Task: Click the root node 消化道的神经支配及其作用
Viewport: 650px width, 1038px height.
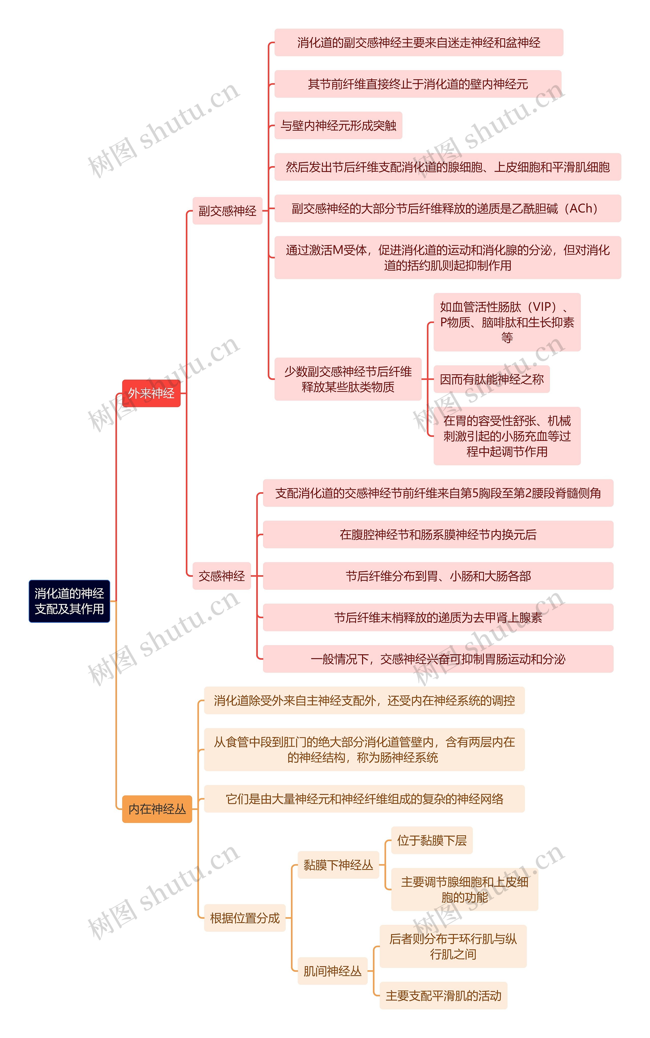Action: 69,601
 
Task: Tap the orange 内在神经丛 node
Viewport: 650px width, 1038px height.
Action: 157,809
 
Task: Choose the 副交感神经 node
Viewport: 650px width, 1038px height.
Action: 227,211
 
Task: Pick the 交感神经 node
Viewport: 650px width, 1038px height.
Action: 221,576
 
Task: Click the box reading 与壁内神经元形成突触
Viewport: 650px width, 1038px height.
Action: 338,125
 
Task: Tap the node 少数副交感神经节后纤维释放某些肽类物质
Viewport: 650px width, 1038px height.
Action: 348,379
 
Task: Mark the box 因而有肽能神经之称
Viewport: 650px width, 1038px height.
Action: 491,379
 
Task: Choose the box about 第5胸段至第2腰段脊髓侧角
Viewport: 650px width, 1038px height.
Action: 438,493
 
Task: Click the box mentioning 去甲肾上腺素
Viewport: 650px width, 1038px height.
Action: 438,617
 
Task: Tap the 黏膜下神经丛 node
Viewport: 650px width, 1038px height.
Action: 338,865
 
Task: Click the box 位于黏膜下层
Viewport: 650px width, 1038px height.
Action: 432,840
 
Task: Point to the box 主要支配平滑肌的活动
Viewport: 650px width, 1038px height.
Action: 443,995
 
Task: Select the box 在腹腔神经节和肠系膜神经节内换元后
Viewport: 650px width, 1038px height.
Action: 438,534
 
